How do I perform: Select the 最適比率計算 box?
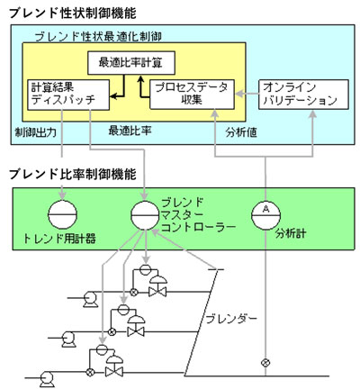[x=132, y=64]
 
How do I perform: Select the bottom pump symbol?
[x=44, y=371]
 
